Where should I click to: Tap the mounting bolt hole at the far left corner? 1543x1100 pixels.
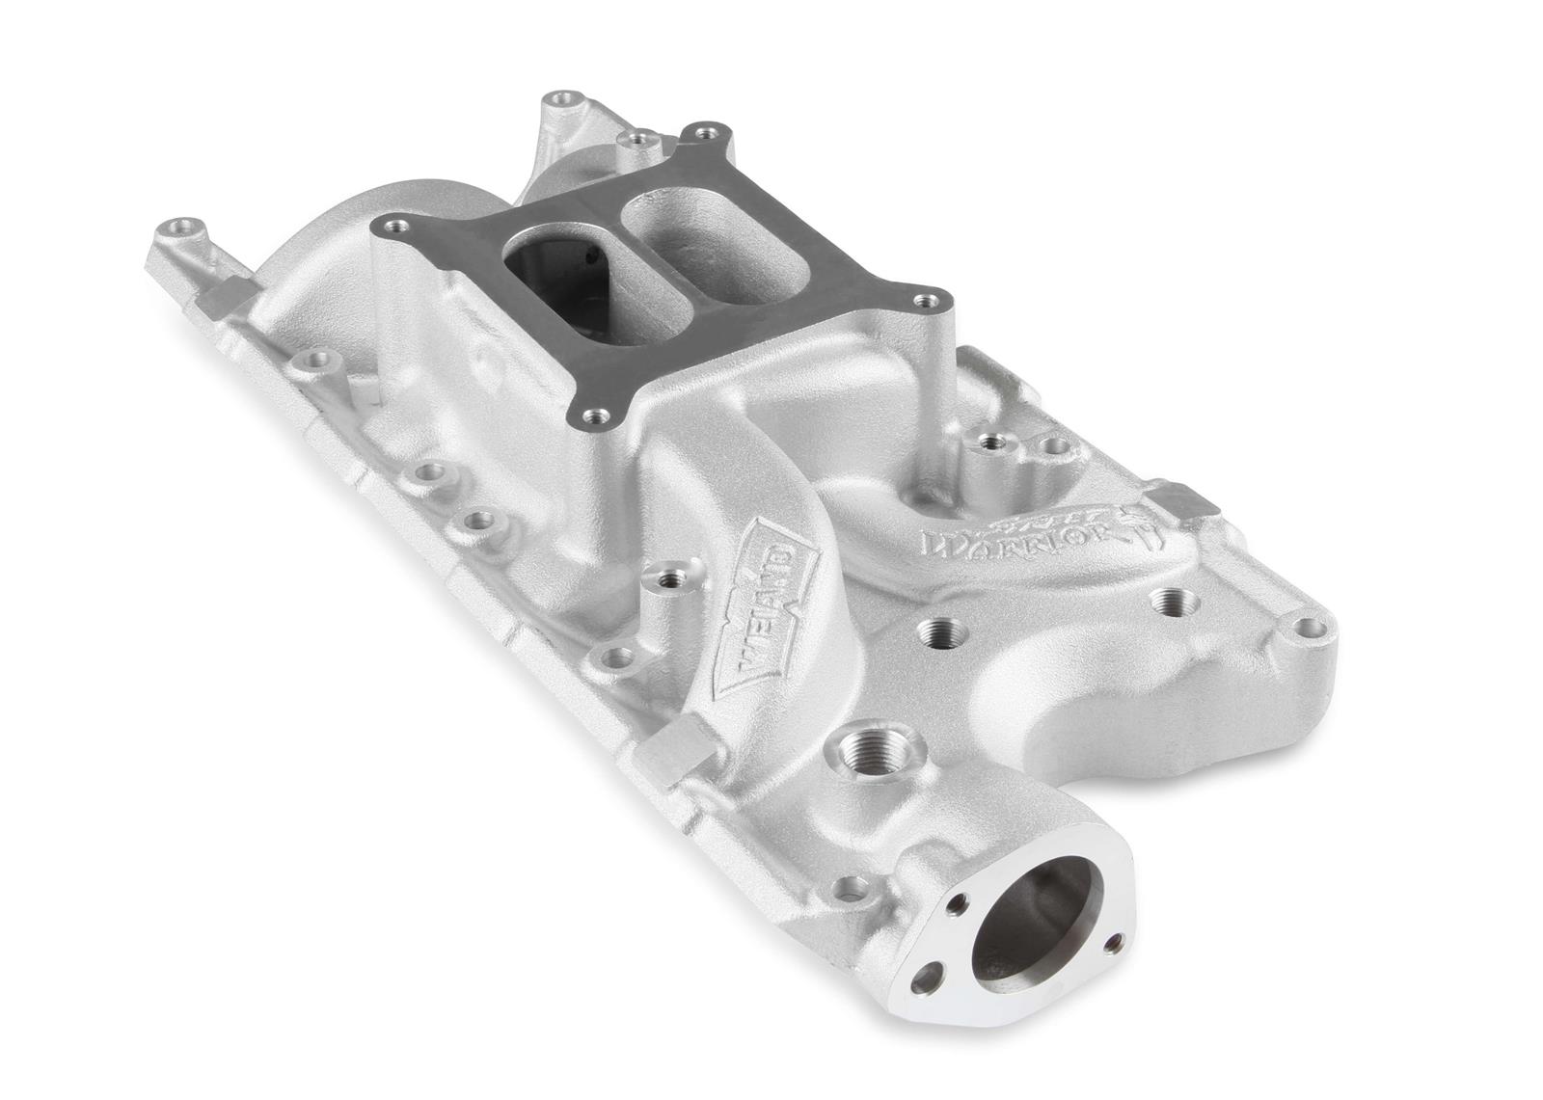coord(176,229)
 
